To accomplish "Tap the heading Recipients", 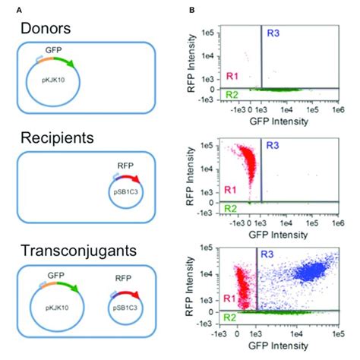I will [x=58, y=140].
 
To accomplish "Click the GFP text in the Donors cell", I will [x=53, y=49].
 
